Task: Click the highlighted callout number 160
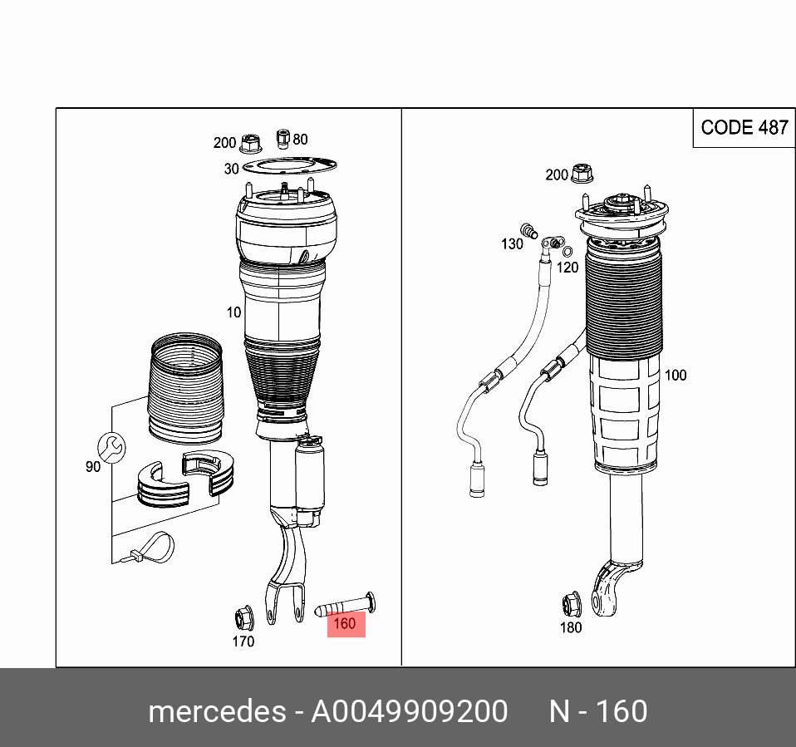346,623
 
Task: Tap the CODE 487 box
744,127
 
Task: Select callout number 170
243,641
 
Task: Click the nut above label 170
243,617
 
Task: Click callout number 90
93,467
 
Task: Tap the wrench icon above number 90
111,446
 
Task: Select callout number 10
233,312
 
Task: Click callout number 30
231,169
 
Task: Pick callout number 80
300,140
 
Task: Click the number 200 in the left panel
224,143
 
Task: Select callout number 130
512,244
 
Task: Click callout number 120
568,267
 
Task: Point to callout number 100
676,375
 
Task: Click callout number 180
571,627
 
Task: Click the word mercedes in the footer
216,712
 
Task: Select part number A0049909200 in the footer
409,712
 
